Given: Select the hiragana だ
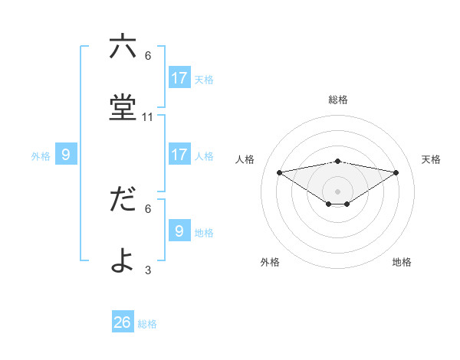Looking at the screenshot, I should pos(123,199).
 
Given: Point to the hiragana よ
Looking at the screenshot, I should pos(123,260).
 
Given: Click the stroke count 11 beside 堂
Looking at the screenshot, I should pos(148,117).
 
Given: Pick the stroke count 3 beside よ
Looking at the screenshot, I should pos(148,270).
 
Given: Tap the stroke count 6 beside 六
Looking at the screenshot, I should pos(148,56).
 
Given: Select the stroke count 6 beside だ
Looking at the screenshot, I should pos(148,208).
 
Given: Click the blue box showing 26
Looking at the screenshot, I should pos(123,322).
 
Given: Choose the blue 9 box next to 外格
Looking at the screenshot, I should pos(66,155).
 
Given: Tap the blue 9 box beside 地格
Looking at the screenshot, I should pos(179,231).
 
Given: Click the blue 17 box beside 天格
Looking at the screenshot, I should pos(179,77).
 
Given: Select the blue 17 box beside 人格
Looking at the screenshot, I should pos(179,155).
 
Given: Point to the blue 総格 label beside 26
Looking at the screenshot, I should pos(147,324).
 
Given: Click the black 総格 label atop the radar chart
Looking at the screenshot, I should pos(337,100).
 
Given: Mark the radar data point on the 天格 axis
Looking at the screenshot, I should pos(396,172).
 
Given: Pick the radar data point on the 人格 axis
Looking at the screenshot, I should pos(279,172).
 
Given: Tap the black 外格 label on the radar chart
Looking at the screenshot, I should pos(270,262).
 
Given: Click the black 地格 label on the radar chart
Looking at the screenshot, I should pos(402,262).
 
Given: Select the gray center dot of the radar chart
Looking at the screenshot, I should pos(337,191).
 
